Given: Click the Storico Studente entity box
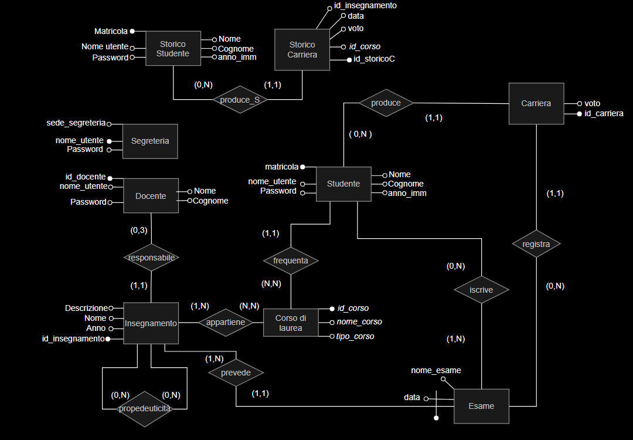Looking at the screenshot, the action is coord(173,49).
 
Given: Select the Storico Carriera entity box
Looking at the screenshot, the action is coord(302,50).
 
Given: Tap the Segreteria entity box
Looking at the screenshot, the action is coord(150,141).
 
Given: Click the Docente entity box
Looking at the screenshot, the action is coord(151,196).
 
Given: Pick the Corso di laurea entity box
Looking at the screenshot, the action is coord(291,323).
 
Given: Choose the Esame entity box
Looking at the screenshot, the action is coord(481,406).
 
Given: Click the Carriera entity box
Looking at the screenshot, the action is coord(536,103).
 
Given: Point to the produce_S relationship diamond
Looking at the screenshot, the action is coord(240,99).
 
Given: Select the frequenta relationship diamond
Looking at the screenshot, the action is coord(291,260).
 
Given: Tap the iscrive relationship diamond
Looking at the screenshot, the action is coord(481,290).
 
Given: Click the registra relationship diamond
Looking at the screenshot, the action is coord(536,244).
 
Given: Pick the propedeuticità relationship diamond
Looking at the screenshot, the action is coord(145,409).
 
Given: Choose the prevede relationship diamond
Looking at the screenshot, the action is coord(236,373).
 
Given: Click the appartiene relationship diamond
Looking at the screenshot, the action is coord(226,323).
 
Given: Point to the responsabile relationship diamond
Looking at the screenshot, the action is coord(151,258).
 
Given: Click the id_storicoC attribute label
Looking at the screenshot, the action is coord(374,59).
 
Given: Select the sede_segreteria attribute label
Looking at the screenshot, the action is coord(76,123).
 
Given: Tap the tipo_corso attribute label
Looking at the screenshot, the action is coord(355,336).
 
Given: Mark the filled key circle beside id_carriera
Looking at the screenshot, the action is coord(579,114).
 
